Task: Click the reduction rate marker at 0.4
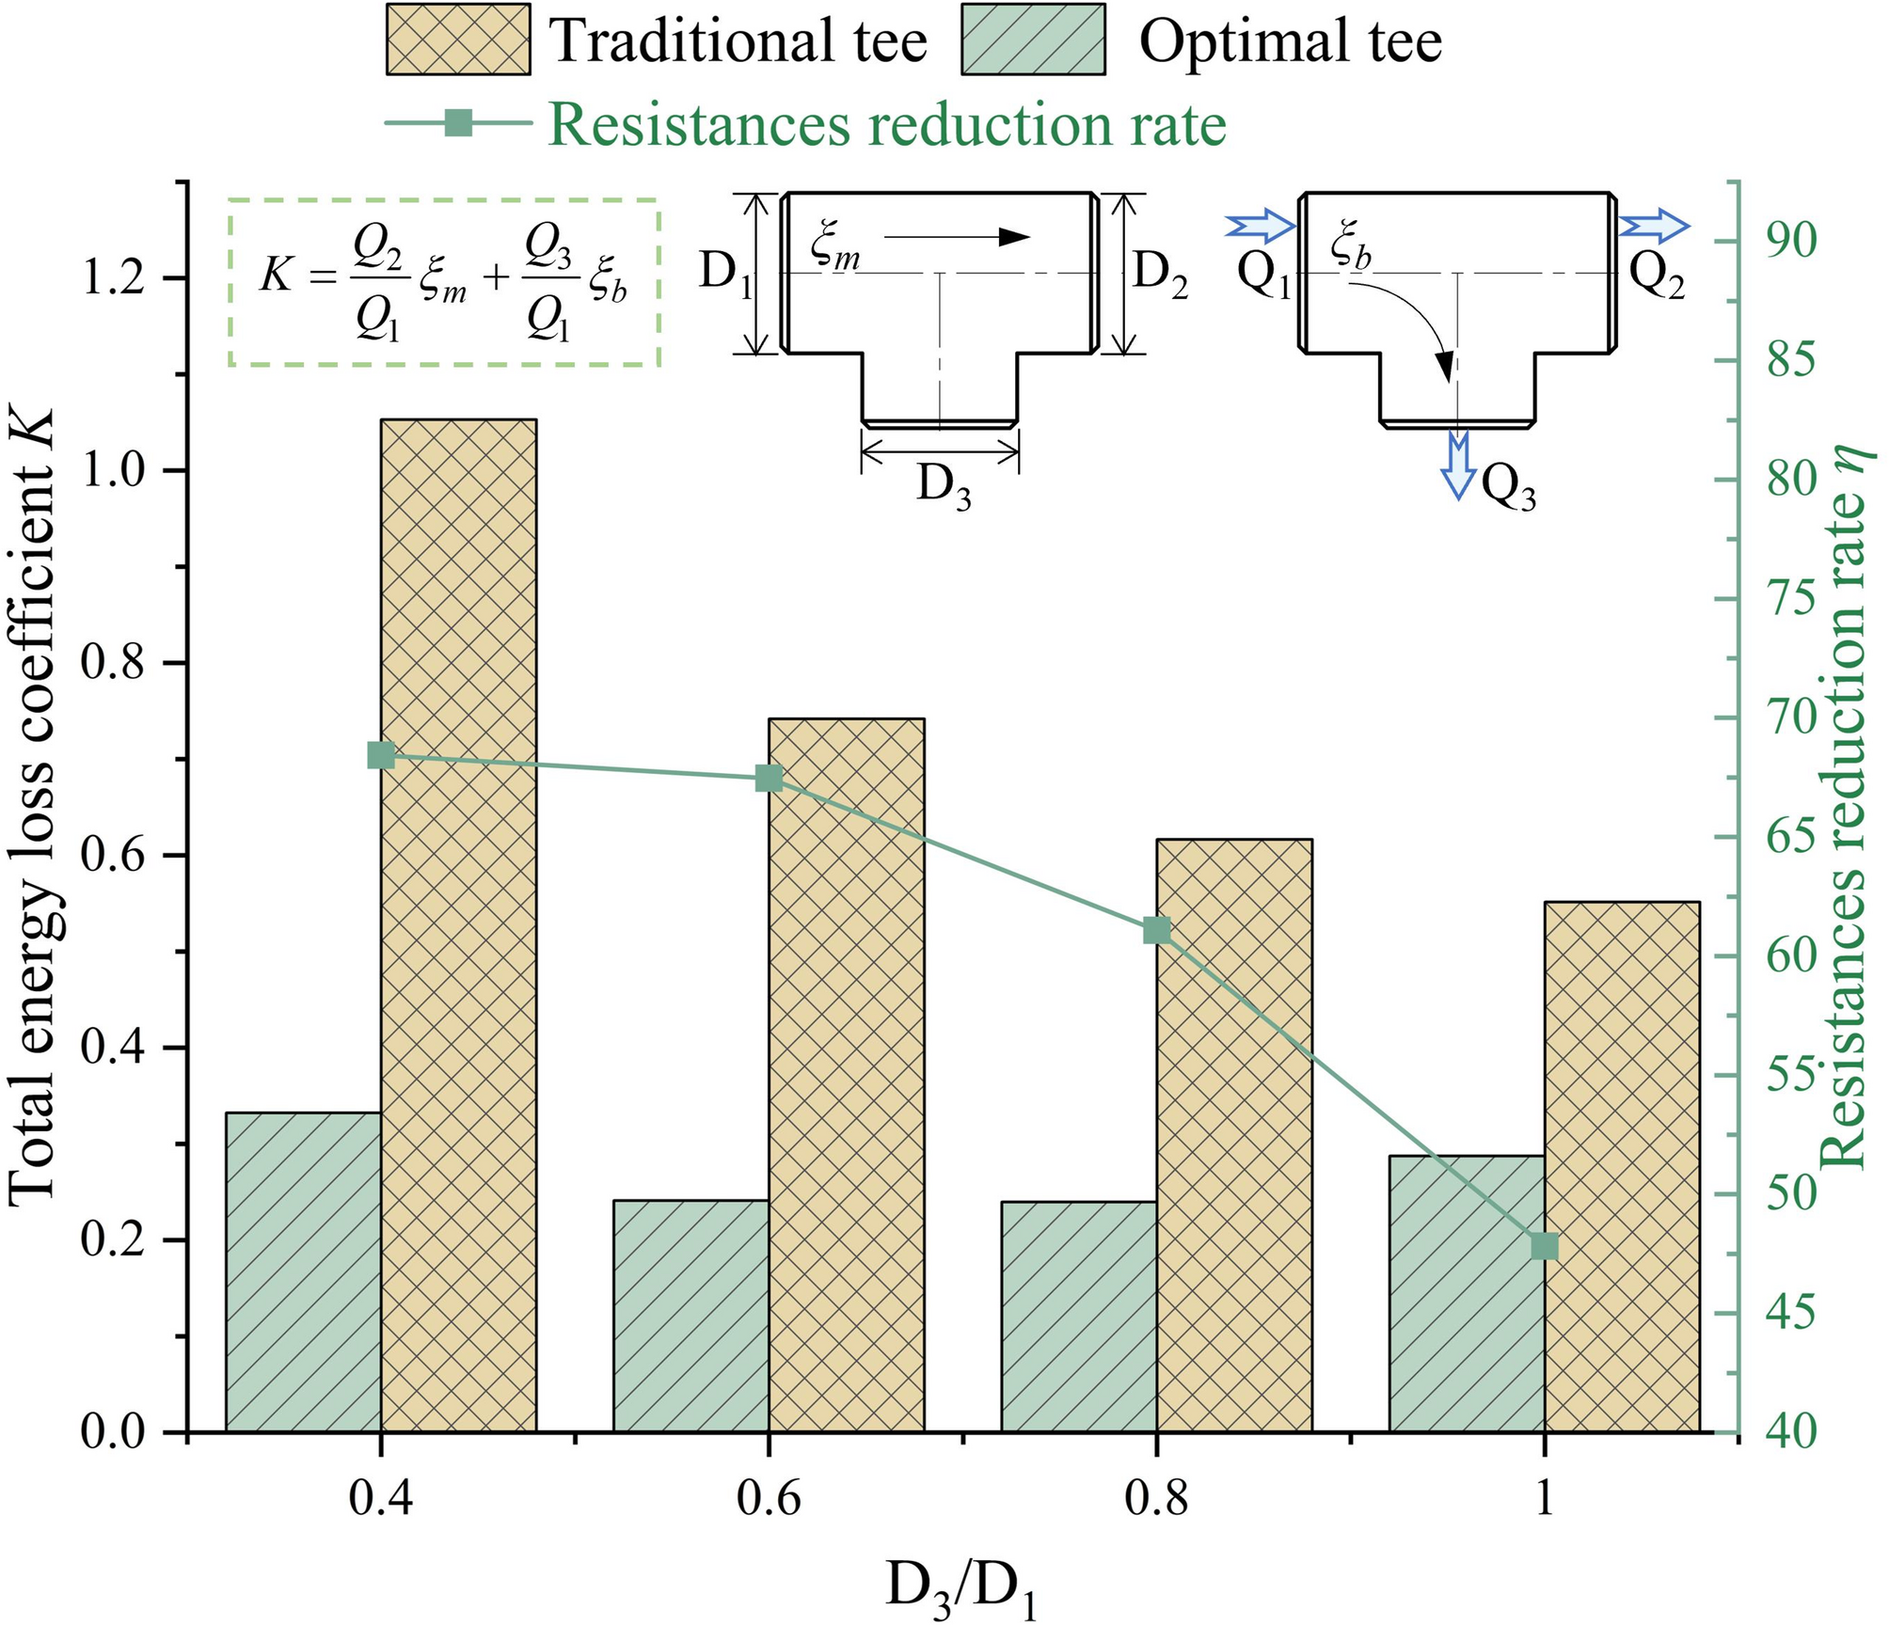[x=381, y=755]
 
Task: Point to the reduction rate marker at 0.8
[x=1156, y=931]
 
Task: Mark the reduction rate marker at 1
[x=1545, y=1247]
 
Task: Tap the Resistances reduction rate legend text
[x=887, y=125]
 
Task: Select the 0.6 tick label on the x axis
[x=769, y=1499]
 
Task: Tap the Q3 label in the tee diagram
[x=1508, y=488]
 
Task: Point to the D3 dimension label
[x=944, y=488]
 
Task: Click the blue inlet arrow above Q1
[x=1260, y=227]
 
